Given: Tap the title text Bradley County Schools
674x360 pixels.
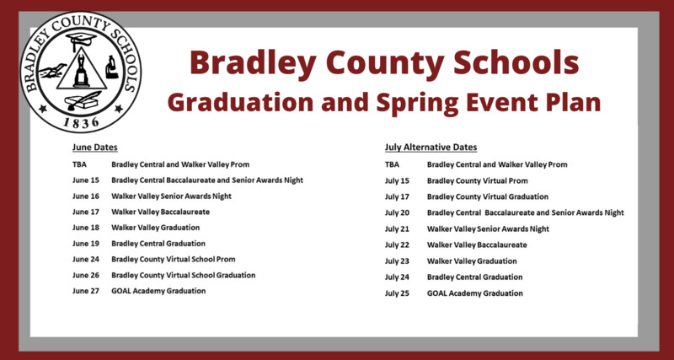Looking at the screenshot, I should (x=383, y=62).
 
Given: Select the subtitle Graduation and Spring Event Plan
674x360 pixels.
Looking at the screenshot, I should (x=383, y=102).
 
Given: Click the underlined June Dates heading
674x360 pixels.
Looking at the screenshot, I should (x=94, y=148).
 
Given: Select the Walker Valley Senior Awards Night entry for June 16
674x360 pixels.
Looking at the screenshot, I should (x=172, y=196).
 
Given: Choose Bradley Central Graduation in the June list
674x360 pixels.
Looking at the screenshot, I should (x=159, y=244).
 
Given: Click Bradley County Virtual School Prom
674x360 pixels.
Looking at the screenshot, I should (x=173, y=260).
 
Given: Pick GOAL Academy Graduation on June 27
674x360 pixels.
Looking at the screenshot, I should (x=158, y=292).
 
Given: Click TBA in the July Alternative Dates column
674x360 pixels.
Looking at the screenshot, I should (x=393, y=165).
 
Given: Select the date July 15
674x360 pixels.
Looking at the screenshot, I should (x=397, y=181).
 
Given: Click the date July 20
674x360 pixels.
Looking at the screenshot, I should (x=397, y=213).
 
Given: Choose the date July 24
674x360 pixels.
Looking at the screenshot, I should (x=397, y=277).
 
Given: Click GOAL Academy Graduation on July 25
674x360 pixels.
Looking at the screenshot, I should (x=475, y=293).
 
